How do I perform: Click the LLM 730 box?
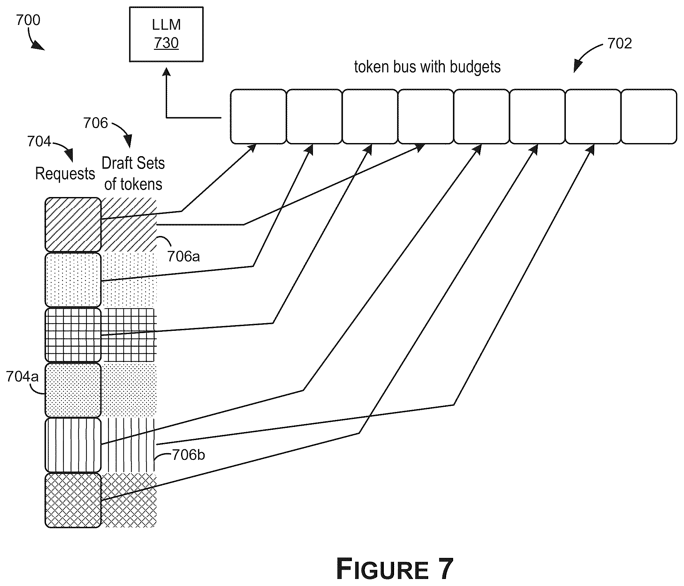166,34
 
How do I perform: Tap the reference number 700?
28,20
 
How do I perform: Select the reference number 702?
619,43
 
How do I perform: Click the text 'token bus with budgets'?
427,67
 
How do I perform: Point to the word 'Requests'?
65,174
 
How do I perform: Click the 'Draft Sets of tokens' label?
133,174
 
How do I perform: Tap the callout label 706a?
183,256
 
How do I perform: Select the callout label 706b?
188,455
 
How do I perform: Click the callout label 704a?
22,377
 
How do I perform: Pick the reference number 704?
39,142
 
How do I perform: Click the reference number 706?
95,123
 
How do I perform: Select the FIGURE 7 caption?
394,568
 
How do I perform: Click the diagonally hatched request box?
73,225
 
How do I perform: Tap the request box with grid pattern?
73,335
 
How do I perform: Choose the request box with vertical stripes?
73,445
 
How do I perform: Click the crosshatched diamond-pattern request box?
73,500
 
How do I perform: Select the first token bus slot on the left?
258,117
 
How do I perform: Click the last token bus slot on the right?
649,117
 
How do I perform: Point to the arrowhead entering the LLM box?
166,72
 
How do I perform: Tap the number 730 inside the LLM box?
166,43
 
